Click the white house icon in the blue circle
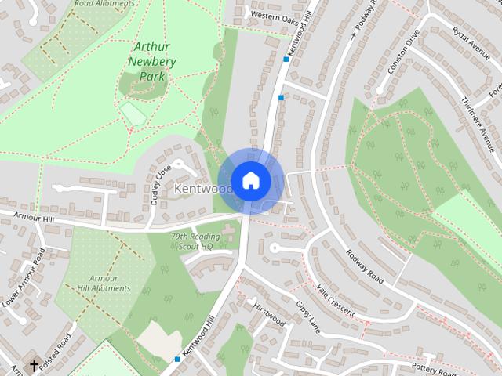click(x=250, y=180)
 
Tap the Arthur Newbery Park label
click(x=150, y=62)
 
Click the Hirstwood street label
click(x=269, y=315)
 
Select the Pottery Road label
click(x=435, y=369)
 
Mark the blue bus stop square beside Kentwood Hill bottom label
click(x=177, y=359)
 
